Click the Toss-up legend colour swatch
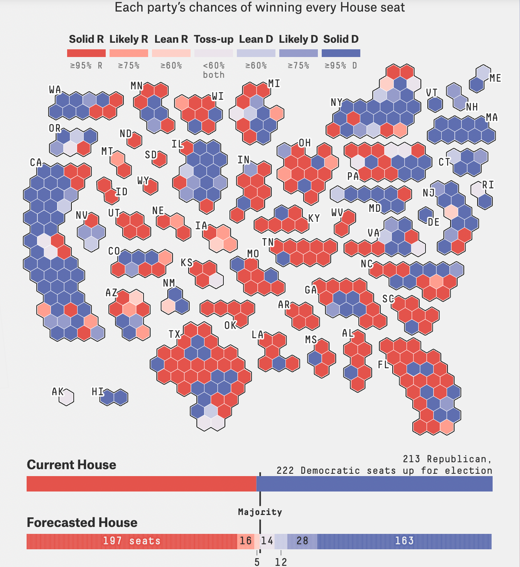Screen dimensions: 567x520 214,53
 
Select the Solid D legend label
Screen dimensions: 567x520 341,39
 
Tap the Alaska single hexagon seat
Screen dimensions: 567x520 67,398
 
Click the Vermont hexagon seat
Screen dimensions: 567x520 435,104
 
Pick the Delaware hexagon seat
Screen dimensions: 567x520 426,215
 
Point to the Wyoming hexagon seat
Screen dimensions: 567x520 150,187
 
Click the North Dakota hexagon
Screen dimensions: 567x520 135,141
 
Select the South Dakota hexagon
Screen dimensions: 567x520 159,159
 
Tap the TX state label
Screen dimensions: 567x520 174,334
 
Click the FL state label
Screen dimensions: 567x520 383,364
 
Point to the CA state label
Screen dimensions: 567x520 36,163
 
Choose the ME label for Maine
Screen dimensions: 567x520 495,78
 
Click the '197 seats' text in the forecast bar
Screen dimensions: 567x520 132,541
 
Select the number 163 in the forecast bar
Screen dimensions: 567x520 404,541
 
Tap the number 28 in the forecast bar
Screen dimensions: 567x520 302,541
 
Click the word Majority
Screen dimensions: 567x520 260,512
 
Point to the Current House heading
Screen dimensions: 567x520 71,465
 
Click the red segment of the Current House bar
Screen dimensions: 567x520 141,484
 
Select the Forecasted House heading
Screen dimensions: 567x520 82,523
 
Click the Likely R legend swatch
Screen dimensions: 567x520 129,53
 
